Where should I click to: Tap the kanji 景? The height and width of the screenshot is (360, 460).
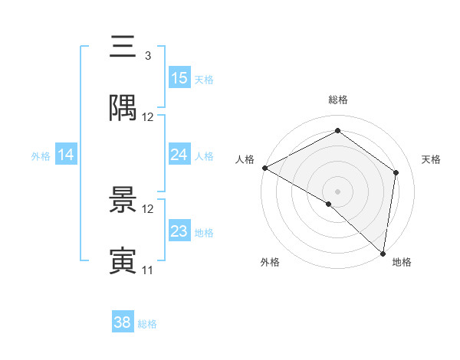(123, 200)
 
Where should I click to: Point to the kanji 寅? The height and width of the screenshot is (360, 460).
(123, 261)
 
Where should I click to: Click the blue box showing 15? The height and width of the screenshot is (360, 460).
(179, 77)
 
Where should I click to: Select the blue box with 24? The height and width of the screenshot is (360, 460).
(179, 155)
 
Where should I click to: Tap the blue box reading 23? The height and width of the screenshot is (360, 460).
(179, 231)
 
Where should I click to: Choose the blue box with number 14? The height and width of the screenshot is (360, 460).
(66, 155)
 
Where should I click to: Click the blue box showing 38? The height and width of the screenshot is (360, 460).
(123, 322)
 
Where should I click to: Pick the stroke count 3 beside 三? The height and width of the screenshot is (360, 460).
(147, 56)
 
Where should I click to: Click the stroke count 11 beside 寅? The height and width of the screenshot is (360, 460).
(147, 270)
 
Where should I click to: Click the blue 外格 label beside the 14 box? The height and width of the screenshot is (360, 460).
(41, 155)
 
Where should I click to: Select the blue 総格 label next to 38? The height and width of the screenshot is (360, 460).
(147, 324)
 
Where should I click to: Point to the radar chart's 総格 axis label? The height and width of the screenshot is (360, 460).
(338, 100)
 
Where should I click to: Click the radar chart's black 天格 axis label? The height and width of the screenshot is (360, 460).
(431, 159)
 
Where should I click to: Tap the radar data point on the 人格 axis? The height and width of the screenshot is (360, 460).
(264, 168)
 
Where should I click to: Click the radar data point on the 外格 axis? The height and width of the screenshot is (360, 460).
(328, 204)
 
